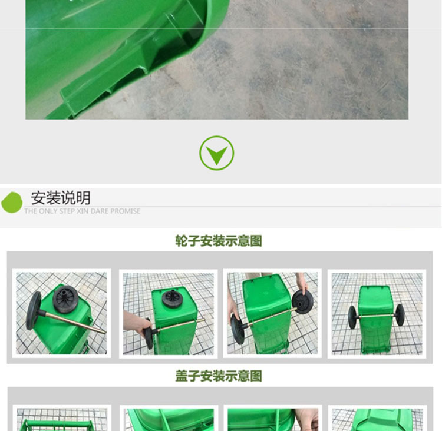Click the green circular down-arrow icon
(216, 153)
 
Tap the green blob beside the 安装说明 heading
(12, 203)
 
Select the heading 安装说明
(61, 198)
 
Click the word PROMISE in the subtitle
(126, 211)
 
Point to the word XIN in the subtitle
(83, 211)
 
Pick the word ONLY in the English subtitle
(48, 211)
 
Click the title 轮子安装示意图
(219, 241)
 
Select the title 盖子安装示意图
(219, 376)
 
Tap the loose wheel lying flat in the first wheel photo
(65, 299)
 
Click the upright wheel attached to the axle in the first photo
(33, 311)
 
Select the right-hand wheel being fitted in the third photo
(302, 302)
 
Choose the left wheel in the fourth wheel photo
(352, 317)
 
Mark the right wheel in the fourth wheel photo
(400, 315)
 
